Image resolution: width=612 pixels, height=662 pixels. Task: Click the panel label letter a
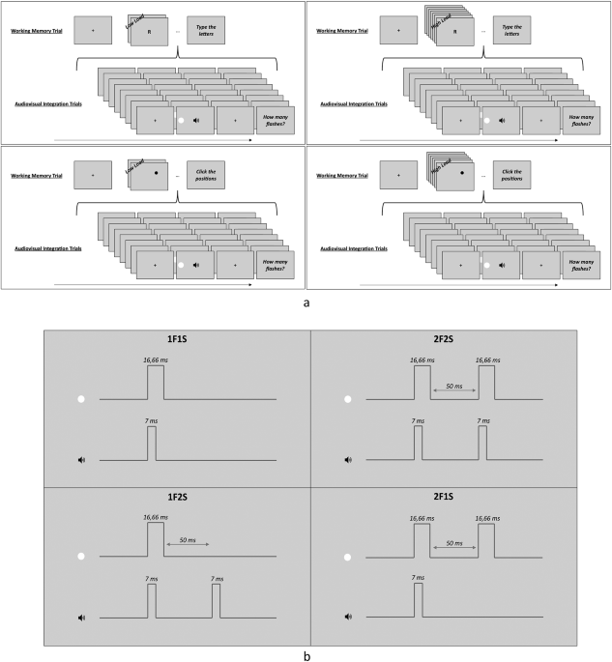306,302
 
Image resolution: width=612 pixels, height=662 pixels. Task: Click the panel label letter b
306,652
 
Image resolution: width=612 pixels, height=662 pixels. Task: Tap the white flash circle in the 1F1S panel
81,398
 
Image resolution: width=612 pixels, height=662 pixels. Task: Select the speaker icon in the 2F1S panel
347,616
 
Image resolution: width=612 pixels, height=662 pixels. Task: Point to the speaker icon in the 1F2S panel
81,616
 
